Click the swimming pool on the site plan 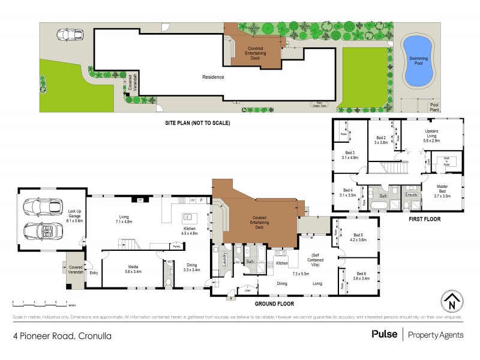point(418,59)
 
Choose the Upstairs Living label point(432,135)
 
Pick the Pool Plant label point(434,107)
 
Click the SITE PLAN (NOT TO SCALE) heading point(198,123)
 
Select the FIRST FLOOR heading point(424,219)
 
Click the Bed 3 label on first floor point(351,155)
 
